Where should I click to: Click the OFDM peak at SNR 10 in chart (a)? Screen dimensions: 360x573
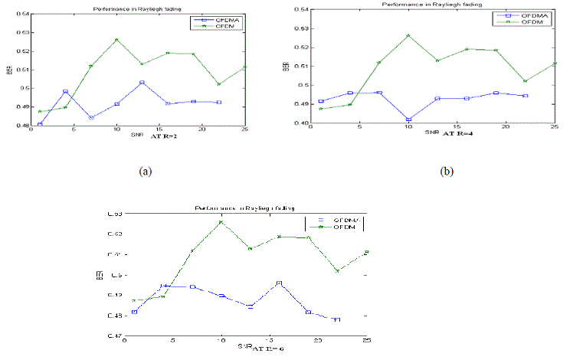pos(116,40)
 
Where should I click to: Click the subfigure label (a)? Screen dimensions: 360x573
pos(143,170)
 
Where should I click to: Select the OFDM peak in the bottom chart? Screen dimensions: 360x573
pos(221,222)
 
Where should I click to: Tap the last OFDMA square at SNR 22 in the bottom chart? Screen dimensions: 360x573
pos(337,319)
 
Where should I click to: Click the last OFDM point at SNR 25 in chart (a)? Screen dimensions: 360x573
pos(244,67)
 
